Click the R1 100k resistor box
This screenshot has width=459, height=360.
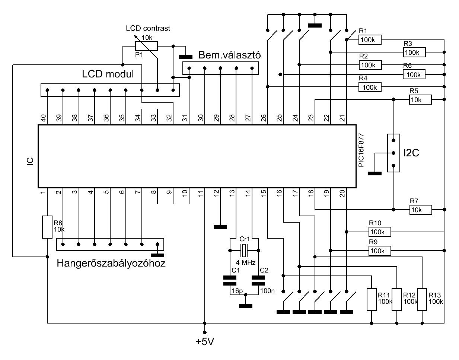pyautogui.click(x=370, y=40)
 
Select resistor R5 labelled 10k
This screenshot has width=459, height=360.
pyautogui.click(x=420, y=99)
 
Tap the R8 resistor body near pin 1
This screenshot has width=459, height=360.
pyautogui.click(x=47, y=227)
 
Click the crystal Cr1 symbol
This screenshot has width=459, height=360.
pyautogui.click(x=244, y=251)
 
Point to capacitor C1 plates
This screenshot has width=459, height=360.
pyautogui.click(x=230, y=281)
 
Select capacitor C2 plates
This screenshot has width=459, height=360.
pyautogui.click(x=258, y=281)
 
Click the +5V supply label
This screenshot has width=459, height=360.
pyautogui.click(x=205, y=341)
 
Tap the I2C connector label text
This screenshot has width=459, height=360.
pyautogui.click(x=411, y=153)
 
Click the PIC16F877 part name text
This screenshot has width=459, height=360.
pyautogui.click(x=361, y=150)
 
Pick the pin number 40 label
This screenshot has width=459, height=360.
pyautogui.click(x=43, y=118)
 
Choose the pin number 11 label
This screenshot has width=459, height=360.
pyautogui.click(x=201, y=193)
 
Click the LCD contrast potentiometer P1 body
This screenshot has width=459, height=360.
pyautogui.click(x=146, y=46)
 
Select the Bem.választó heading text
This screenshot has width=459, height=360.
pyautogui.click(x=230, y=55)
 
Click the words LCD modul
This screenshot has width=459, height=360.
pyautogui.click(x=108, y=74)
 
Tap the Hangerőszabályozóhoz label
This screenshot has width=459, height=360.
pyautogui.click(x=111, y=263)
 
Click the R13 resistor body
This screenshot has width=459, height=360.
pyautogui.click(x=422, y=299)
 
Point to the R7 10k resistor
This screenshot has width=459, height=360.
pyautogui.click(x=421, y=210)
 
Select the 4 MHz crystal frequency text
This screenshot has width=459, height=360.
pyautogui.click(x=246, y=262)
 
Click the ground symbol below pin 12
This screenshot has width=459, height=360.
pyautogui.click(x=220, y=227)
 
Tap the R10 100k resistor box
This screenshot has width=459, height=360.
pyautogui.click(x=380, y=232)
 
